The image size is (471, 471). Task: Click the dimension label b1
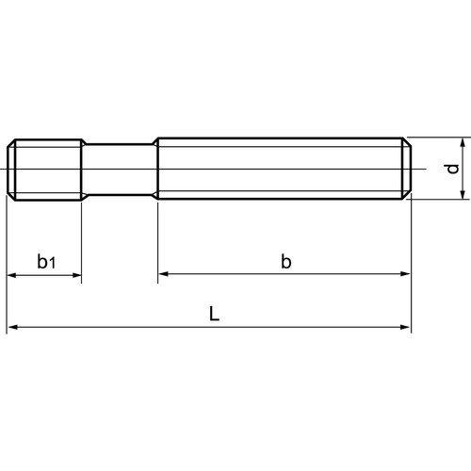click(45, 261)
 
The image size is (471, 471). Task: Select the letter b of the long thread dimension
click(285, 261)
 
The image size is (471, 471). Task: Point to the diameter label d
click(452, 169)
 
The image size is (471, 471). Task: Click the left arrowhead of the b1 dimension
click(12, 276)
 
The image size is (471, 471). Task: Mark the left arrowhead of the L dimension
click(12, 328)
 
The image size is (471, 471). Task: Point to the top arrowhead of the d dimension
click(463, 143)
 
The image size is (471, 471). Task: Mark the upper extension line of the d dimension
click(438, 138)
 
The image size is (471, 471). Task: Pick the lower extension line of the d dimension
click(438, 200)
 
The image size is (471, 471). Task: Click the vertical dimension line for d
click(463, 169)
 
